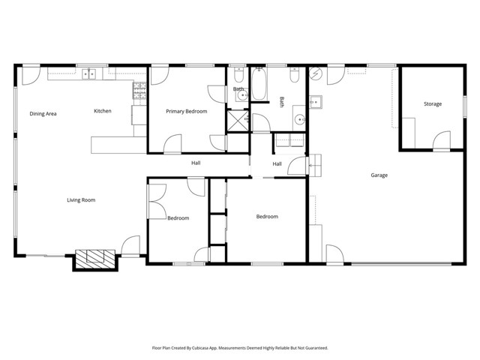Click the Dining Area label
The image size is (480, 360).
43,113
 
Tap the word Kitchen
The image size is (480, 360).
102,111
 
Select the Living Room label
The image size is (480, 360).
81,199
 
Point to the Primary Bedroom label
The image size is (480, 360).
186,111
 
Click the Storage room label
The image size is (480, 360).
432,103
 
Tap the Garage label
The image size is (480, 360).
379,175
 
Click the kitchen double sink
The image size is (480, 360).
90,73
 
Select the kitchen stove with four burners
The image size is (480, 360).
139,91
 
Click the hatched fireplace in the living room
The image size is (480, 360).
94,259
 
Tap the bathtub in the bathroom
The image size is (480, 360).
259,85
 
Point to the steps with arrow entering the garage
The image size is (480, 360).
314,163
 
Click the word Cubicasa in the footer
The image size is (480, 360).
212,348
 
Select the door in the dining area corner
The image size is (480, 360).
30,74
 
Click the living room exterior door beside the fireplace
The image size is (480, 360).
130,246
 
